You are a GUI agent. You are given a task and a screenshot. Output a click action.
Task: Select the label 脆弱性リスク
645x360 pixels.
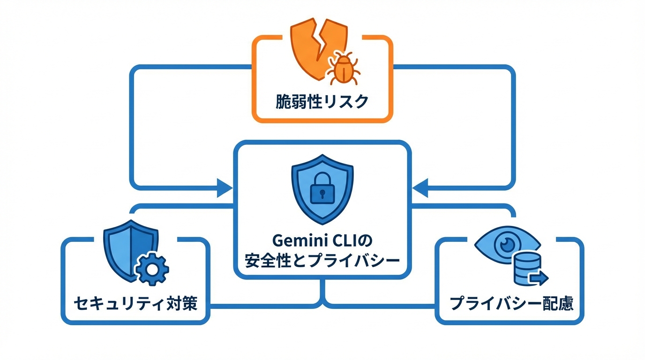pyautogui.click(x=322, y=101)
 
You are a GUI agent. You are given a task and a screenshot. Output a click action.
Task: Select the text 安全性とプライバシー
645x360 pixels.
pyautogui.click(x=322, y=261)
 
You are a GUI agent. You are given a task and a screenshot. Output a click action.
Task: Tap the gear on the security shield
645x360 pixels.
pyautogui.click(x=151, y=269)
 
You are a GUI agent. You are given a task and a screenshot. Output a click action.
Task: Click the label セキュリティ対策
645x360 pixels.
pyautogui.click(x=135, y=304)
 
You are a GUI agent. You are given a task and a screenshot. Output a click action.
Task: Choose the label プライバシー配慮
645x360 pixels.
pyautogui.click(x=511, y=304)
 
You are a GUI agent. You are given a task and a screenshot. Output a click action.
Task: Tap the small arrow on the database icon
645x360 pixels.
pyautogui.click(x=539, y=279)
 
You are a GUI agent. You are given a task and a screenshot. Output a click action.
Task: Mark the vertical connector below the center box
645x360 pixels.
pyautogui.click(x=322, y=293)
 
